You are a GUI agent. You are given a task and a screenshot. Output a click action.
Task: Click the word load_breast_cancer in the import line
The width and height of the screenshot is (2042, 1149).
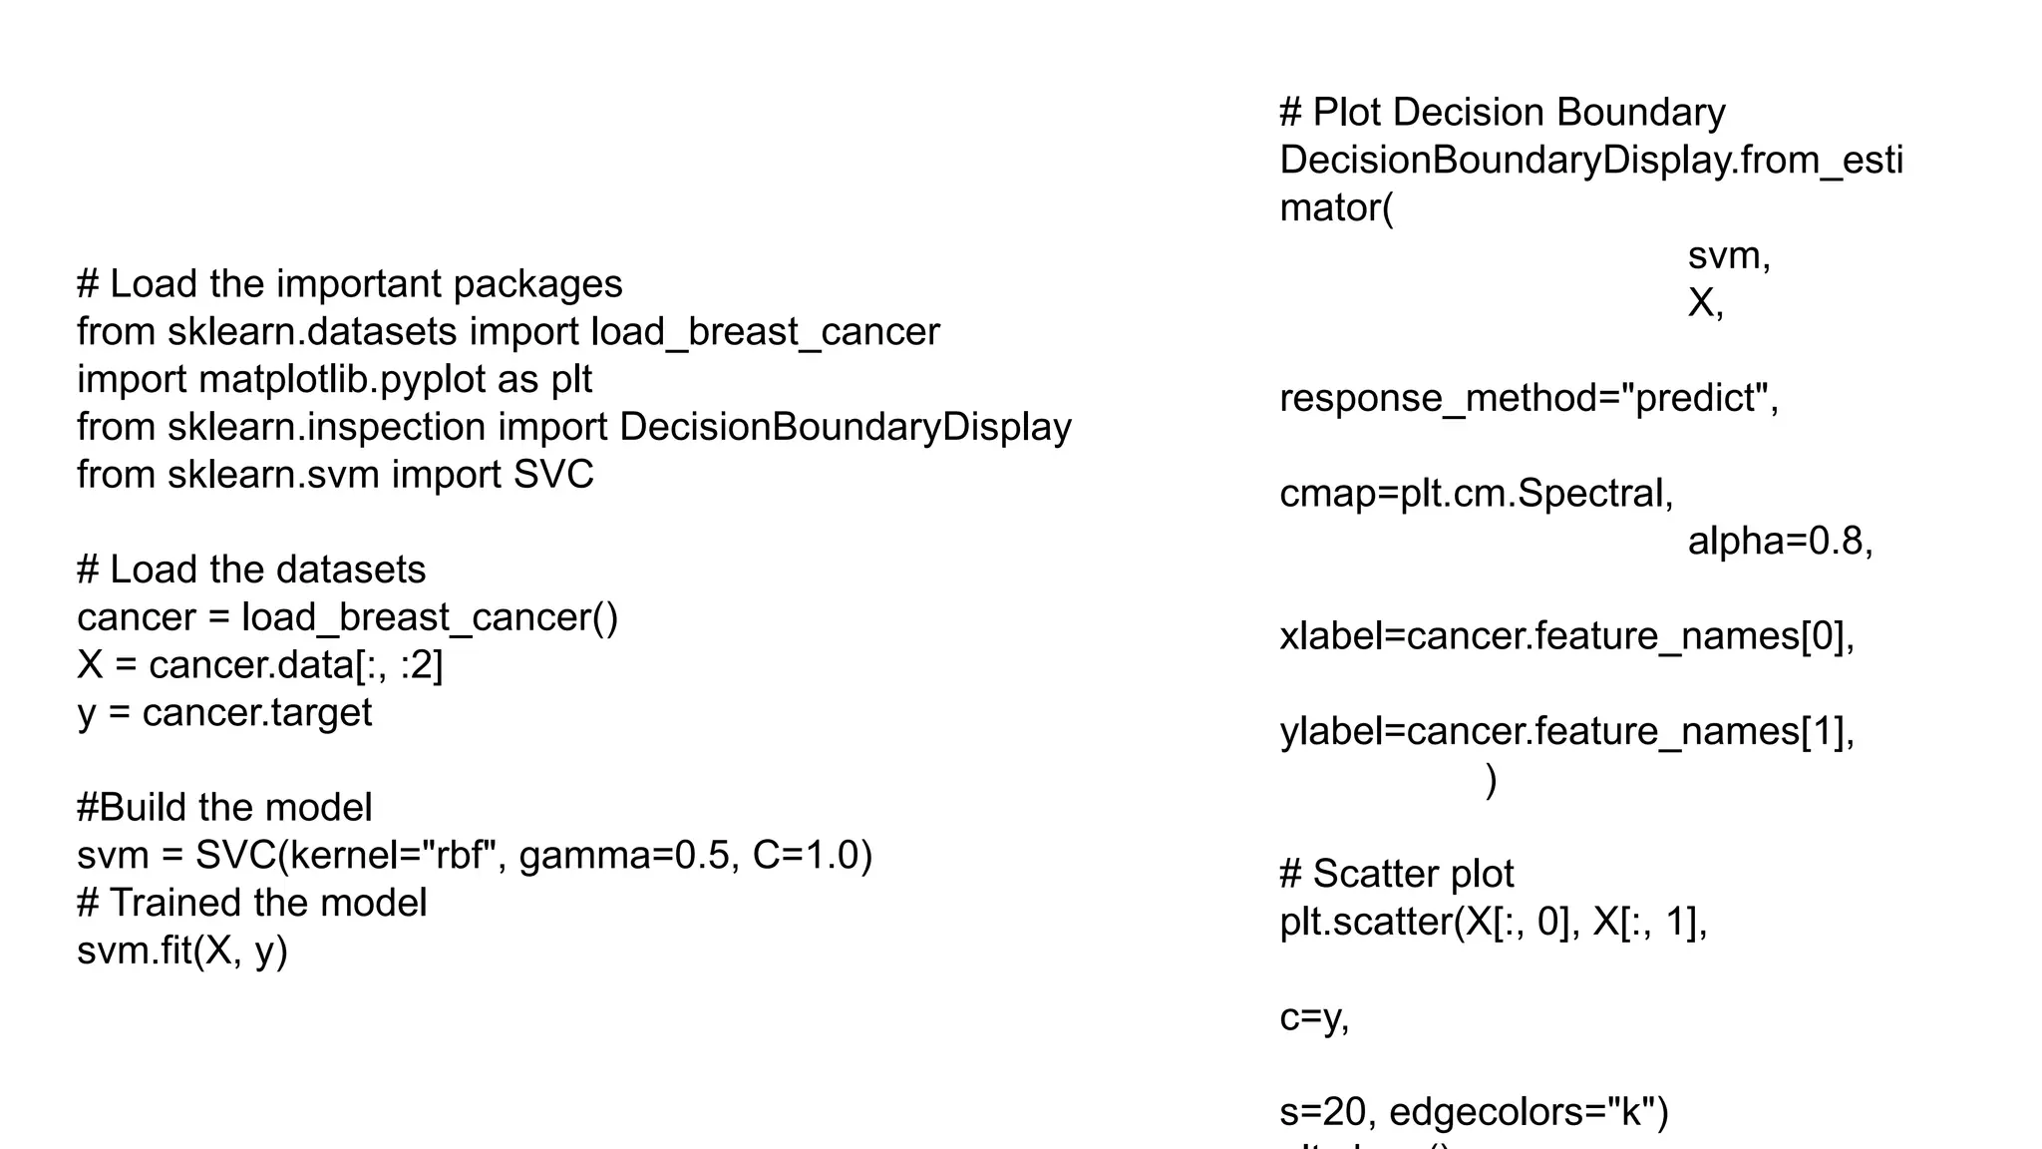[765, 332]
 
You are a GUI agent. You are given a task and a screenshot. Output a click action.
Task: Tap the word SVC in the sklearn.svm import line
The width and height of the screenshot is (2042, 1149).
[553, 475]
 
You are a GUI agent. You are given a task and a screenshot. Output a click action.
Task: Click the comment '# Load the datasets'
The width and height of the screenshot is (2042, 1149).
[251, 570]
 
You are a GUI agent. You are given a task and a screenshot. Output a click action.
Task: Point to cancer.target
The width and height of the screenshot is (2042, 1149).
[257, 713]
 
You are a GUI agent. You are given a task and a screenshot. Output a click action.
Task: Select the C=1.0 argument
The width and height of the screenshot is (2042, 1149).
[812, 856]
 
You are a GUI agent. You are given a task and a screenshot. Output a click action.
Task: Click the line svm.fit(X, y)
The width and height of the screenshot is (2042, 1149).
[182, 951]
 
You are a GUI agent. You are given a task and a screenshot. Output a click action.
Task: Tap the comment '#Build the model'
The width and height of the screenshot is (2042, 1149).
[224, 808]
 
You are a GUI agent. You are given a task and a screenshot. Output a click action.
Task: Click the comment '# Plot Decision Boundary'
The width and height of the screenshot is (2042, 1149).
[1503, 113]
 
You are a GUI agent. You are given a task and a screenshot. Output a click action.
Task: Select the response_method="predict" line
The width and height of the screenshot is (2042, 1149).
[1529, 399]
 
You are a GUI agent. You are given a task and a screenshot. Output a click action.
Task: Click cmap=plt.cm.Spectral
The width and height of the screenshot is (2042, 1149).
[1476, 494]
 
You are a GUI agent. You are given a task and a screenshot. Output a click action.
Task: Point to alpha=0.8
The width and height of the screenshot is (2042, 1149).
[1780, 542]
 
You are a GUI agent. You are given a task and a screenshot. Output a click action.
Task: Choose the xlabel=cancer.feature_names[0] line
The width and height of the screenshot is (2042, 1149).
[1566, 636]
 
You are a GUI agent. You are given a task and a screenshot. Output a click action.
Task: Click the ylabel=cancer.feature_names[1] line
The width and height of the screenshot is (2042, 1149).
[1566, 732]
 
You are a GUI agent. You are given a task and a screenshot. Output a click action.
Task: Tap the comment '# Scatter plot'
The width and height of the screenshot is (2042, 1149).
[1396, 874]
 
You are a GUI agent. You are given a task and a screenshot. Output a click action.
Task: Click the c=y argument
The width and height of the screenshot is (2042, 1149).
[1313, 1017]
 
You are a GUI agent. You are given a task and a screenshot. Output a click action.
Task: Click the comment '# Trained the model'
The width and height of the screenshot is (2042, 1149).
[252, 904]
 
